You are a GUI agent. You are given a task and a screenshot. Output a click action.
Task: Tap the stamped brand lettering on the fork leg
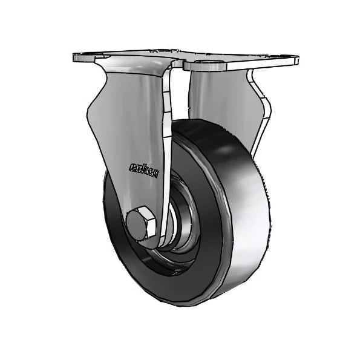[143, 168]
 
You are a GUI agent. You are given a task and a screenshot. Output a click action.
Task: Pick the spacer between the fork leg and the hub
[166, 233]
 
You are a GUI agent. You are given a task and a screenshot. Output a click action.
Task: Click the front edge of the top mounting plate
[181, 64]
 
